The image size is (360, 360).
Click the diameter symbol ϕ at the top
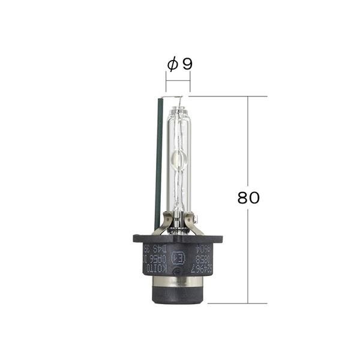pos(172,64)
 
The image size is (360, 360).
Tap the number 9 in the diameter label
pos(187,64)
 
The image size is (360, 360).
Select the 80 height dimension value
pos(248,198)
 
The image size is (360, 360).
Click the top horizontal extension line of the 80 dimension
pos(228,96)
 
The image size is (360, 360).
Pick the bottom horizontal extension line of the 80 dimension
pos(234,304)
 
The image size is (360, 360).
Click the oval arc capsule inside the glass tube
pos(178,158)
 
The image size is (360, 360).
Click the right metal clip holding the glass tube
pos(194,224)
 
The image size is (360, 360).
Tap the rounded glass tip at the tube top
pos(178,110)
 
